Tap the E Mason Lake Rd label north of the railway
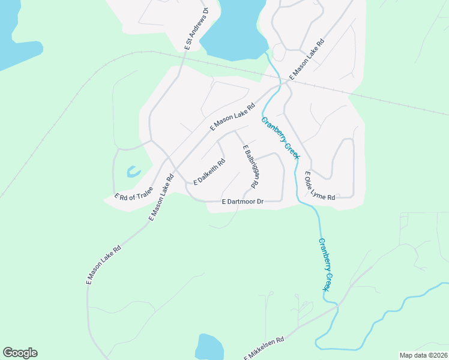click(307, 60)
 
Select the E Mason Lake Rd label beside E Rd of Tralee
click(161, 197)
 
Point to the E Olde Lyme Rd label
click(319, 185)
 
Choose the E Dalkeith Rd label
click(209, 172)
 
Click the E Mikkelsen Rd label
click(264, 348)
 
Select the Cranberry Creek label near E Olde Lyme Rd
click(280, 137)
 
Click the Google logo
click(20, 353)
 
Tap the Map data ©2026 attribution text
click(423, 355)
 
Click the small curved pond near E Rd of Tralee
click(133, 172)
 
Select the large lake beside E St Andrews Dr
click(234, 30)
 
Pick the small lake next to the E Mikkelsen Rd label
click(209, 347)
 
